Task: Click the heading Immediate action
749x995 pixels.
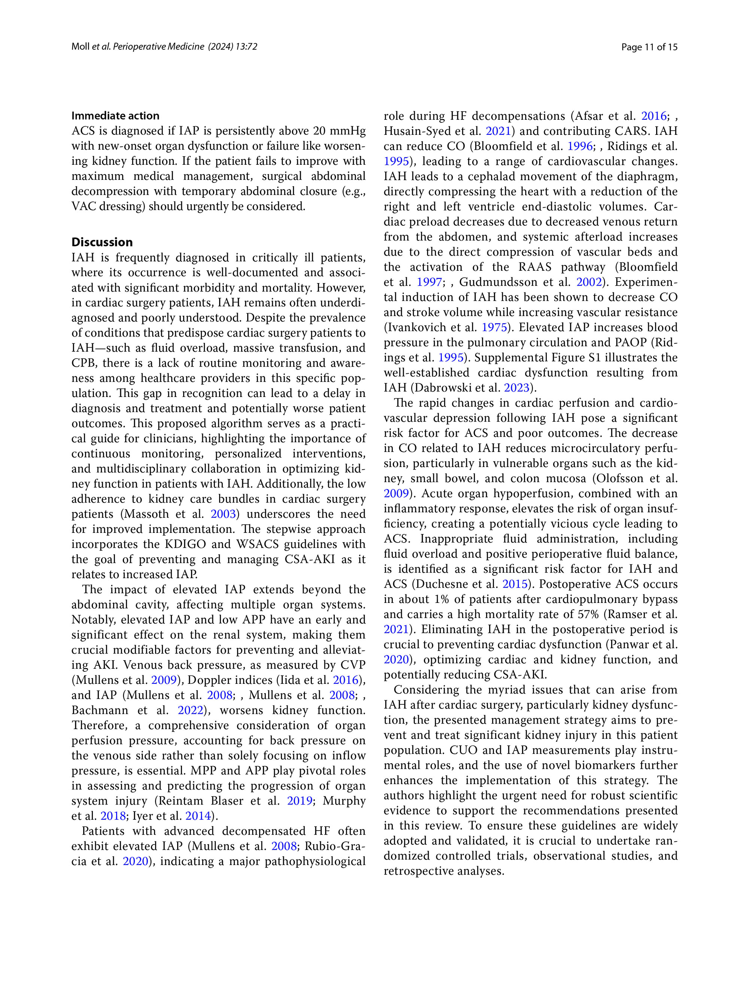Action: [x=115, y=116]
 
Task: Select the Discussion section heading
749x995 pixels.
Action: [x=102, y=242]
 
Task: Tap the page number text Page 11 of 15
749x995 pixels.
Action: [x=649, y=47]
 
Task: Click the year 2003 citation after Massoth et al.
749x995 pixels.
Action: [x=223, y=514]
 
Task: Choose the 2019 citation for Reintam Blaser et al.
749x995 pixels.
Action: [x=300, y=801]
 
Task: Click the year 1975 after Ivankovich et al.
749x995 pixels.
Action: [x=494, y=327]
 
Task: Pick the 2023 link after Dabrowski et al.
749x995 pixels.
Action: [x=516, y=387]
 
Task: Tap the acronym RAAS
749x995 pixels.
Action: [x=534, y=267]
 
